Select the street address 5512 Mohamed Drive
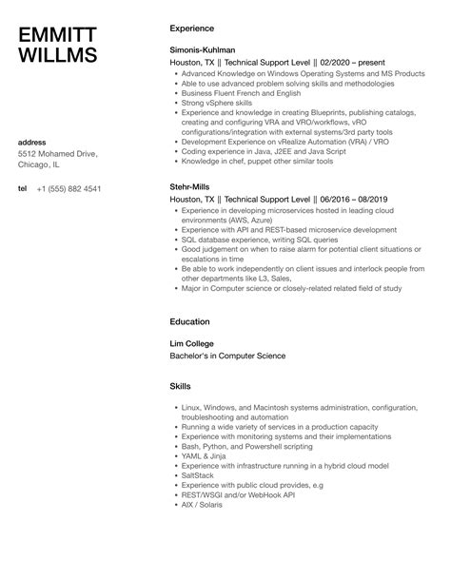pos(62,153)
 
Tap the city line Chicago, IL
pos(41,164)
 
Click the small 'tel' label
pos(23,187)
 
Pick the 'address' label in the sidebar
pos(34,142)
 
